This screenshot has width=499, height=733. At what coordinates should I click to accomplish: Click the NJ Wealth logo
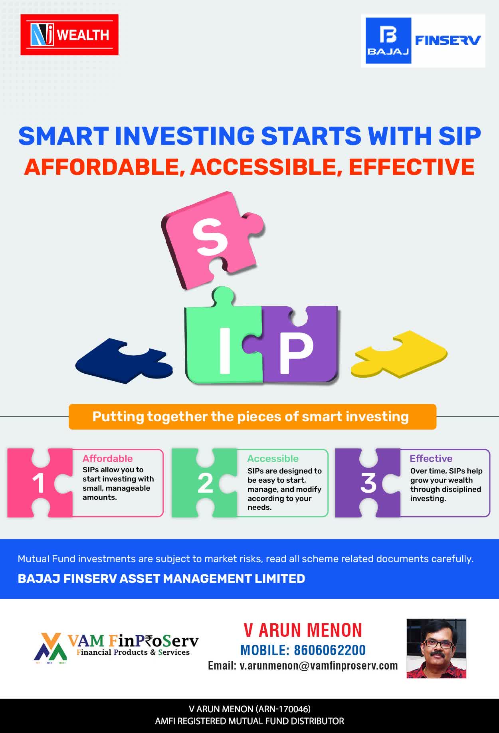(69, 35)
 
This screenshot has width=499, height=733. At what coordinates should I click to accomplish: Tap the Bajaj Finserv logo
(423, 41)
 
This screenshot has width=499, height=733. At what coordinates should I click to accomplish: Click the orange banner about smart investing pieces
(252, 417)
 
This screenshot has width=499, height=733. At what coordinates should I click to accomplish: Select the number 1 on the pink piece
(38, 483)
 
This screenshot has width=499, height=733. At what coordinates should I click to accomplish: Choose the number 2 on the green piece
(205, 483)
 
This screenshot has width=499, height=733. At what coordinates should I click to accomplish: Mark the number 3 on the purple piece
(368, 483)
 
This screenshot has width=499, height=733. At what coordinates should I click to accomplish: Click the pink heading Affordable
(107, 458)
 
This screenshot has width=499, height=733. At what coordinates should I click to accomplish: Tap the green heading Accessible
(273, 458)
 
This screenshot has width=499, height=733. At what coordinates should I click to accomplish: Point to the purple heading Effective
(431, 458)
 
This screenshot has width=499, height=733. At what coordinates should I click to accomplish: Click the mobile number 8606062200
(330, 650)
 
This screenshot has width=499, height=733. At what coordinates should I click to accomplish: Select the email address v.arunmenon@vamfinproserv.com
(319, 666)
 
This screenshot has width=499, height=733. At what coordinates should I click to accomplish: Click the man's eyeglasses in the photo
(438, 644)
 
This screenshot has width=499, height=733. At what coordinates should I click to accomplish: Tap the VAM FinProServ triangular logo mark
(50, 647)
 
